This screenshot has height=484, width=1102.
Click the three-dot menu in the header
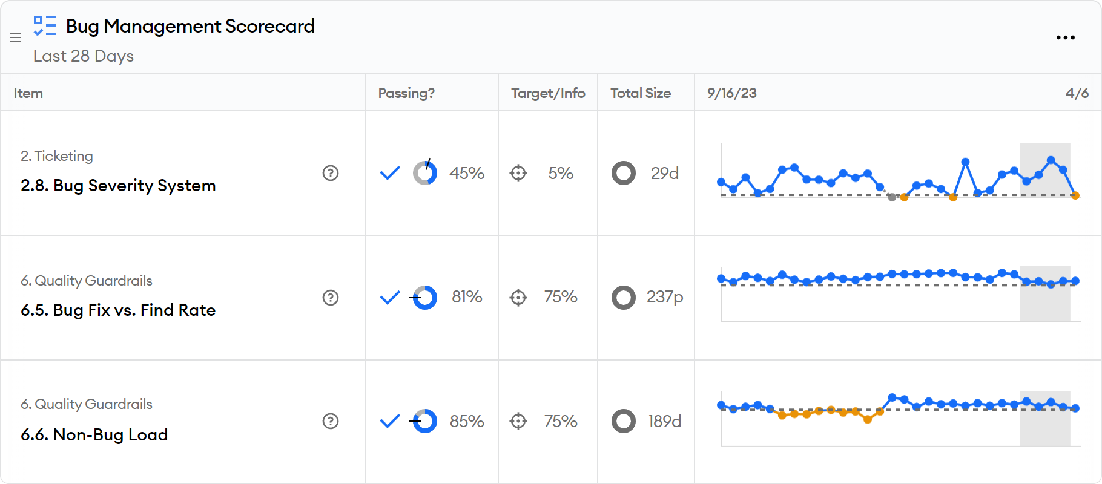(1065, 38)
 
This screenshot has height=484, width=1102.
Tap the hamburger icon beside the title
(16, 38)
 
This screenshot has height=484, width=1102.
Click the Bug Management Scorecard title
(190, 26)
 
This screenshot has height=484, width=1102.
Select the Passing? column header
(406, 93)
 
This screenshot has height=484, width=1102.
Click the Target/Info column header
(548, 93)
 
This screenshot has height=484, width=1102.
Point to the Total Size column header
(641, 93)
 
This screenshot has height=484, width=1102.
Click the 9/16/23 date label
(732, 93)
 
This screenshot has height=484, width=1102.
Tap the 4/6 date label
(1077, 93)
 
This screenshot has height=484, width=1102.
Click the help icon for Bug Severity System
(331, 173)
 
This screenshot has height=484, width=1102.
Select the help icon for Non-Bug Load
(331, 421)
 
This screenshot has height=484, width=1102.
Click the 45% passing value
(467, 173)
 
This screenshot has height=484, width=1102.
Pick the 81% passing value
(467, 297)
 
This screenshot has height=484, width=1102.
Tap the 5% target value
(561, 173)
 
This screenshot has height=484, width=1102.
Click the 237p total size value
(665, 297)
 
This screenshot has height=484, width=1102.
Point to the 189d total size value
(665, 421)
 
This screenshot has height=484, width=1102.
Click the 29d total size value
(665, 173)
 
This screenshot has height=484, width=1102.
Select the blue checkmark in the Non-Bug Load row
(390, 420)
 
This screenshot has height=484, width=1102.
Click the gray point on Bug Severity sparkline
(892, 197)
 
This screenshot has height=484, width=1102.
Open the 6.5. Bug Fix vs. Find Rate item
(118, 310)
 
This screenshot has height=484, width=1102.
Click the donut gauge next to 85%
(425, 421)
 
